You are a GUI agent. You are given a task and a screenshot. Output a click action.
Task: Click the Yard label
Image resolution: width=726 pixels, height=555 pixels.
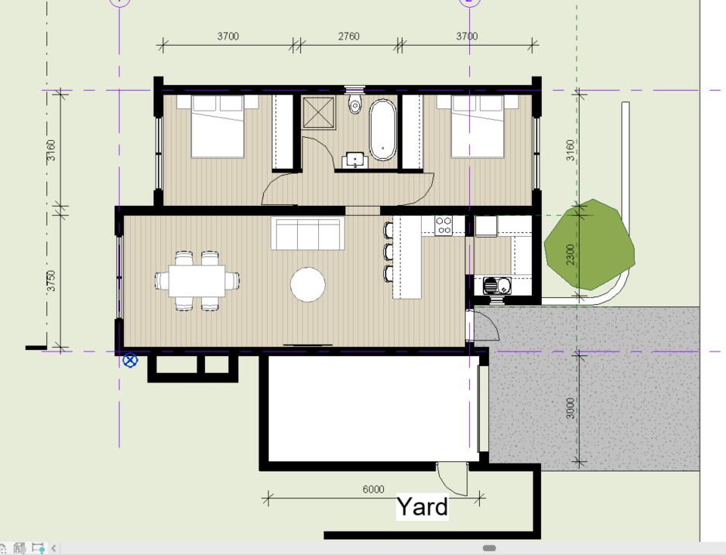pos(423,506)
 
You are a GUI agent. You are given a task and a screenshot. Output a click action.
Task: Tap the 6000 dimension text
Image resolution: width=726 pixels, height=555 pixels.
pos(373,489)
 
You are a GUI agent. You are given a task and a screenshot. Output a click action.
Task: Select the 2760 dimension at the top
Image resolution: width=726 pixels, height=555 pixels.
pos(348,36)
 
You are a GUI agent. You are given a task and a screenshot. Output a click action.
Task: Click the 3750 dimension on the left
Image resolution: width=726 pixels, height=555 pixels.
pos(51,281)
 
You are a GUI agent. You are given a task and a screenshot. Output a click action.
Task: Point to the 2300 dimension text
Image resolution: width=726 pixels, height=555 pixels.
pos(570,255)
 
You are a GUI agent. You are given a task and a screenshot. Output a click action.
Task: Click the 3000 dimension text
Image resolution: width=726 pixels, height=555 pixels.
pos(570,408)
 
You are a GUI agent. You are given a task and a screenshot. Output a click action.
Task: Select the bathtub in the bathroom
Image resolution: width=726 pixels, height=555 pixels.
pos(383,129)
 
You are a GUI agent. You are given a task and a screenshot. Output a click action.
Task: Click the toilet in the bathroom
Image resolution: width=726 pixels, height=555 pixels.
pos(354,104)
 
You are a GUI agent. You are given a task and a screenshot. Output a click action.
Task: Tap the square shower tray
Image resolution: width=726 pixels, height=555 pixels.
pos(319,112)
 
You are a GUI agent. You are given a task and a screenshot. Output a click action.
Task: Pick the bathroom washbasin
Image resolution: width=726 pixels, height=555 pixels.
pos(355,159)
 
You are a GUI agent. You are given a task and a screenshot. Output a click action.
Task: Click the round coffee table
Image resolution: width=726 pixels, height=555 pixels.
pos(308,285)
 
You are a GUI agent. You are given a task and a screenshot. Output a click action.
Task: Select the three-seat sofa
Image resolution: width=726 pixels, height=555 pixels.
pos(307,234)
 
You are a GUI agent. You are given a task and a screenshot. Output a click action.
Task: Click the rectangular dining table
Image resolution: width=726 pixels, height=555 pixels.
pos(197,281)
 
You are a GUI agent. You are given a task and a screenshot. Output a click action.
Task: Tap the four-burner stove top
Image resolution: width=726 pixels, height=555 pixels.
pos(443,226)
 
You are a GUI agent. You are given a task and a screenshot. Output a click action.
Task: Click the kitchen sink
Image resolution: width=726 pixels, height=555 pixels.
pos(497,286)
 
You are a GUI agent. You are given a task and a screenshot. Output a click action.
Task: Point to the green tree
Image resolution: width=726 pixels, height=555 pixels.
pos(589,245)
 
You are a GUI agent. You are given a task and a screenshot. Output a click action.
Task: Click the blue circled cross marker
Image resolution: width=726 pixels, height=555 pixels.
pos(131,360)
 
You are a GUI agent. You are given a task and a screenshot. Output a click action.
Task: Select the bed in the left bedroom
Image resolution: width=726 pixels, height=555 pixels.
pos(217,126)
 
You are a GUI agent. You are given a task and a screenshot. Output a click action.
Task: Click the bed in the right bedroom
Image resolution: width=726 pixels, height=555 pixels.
pos(478,126)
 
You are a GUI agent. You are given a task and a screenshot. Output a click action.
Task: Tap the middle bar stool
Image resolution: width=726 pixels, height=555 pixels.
pos(388,252)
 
